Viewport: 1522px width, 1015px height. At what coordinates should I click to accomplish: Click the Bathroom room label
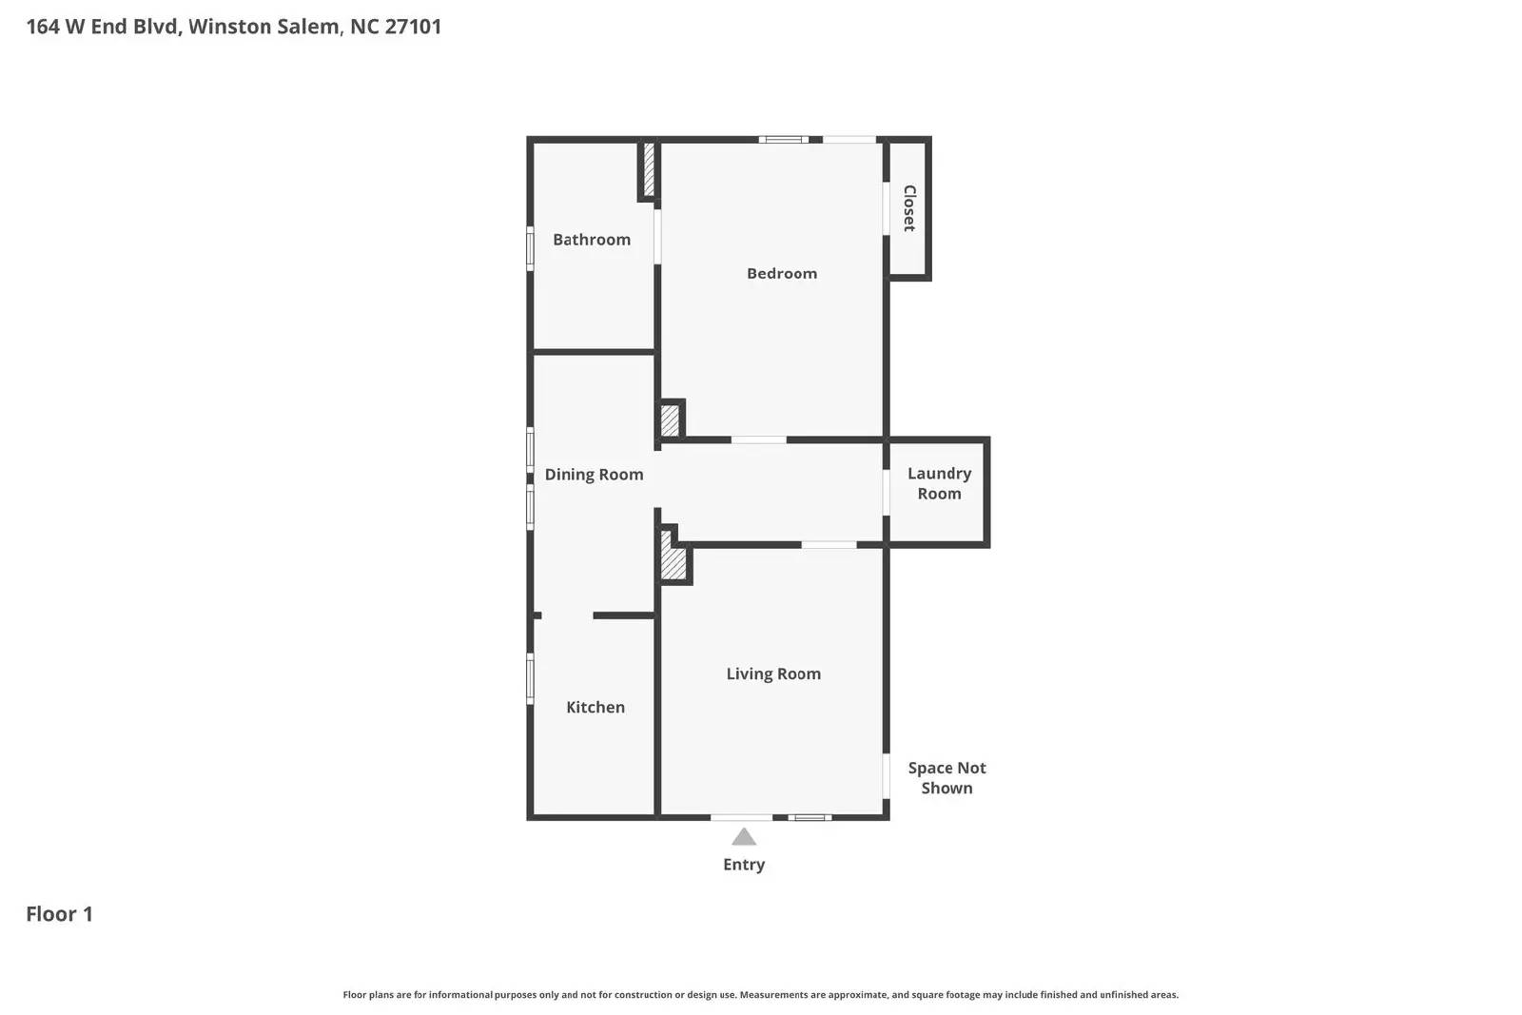pyautogui.click(x=591, y=239)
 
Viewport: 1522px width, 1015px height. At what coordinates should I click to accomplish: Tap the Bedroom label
pyautogui.click(x=781, y=273)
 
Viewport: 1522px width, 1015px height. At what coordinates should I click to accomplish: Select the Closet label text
pyautogui.click(x=909, y=208)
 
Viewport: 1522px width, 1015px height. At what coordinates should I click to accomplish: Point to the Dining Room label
pyautogui.click(x=594, y=475)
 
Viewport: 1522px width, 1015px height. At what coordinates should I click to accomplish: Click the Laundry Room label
pyautogui.click(x=939, y=483)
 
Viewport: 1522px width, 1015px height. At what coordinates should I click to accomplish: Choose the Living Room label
pyautogui.click(x=773, y=673)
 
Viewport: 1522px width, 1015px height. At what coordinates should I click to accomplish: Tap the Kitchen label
pyautogui.click(x=595, y=707)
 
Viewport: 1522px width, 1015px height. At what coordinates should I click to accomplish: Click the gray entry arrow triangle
pyautogui.click(x=744, y=837)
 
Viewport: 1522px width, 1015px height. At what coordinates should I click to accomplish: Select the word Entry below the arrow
pyautogui.click(x=744, y=864)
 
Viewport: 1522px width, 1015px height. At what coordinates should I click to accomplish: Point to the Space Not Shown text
pyautogui.click(x=946, y=777)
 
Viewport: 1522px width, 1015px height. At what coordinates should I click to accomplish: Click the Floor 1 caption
pyautogui.click(x=59, y=914)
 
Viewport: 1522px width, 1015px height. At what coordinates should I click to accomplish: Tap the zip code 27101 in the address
pyautogui.click(x=413, y=27)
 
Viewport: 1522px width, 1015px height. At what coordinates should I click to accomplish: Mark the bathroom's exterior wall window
pyautogui.click(x=530, y=248)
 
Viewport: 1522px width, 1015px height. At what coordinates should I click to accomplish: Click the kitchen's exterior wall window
pyautogui.click(x=530, y=678)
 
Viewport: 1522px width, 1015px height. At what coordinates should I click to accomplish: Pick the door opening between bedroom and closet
pyautogui.click(x=886, y=208)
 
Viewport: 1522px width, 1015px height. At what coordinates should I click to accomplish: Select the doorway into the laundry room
pyautogui.click(x=886, y=492)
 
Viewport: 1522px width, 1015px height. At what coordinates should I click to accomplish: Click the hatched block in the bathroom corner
pyautogui.click(x=649, y=169)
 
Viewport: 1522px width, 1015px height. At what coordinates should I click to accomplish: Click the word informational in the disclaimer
pyautogui.click(x=460, y=995)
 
